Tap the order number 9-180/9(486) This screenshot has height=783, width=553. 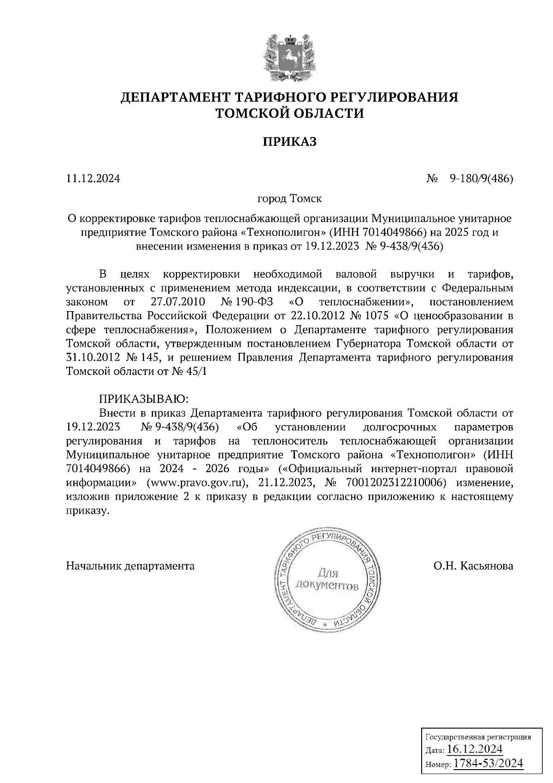click(x=481, y=178)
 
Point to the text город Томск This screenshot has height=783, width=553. click(x=289, y=199)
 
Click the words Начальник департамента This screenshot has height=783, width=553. click(x=130, y=565)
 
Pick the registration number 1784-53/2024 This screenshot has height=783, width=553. click(x=488, y=764)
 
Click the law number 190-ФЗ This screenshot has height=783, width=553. click(x=256, y=303)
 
